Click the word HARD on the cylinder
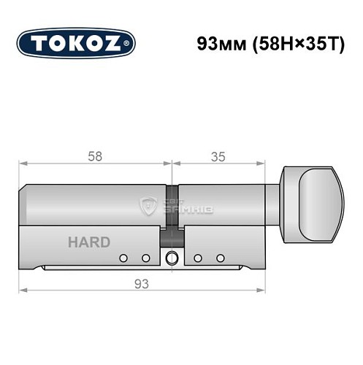89,242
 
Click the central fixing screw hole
172,258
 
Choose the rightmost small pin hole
220,258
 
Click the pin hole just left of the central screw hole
146,258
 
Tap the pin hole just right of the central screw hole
197,258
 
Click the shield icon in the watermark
149,207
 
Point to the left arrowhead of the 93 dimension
23,290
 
